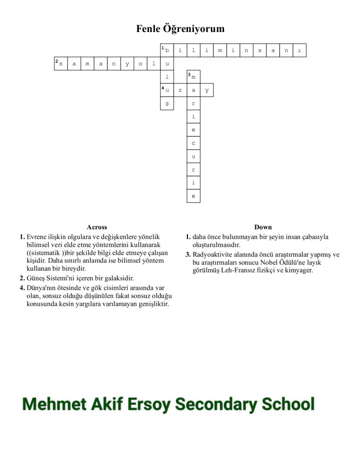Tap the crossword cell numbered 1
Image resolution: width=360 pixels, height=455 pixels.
(167, 50)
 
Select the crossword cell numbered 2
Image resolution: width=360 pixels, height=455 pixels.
(61, 64)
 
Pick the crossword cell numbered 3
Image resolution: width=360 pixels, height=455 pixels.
(193, 77)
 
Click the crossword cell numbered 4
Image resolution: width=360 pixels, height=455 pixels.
(167, 90)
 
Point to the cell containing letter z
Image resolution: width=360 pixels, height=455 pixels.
(180, 90)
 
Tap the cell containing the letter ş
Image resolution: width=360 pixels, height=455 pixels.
(167, 104)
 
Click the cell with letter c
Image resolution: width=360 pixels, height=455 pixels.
(193, 143)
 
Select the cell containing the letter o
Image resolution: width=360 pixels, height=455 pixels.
(140, 64)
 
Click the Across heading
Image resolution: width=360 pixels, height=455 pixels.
(97, 227)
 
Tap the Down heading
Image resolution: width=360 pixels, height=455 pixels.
(263, 227)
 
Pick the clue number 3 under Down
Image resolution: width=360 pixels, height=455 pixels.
(188, 255)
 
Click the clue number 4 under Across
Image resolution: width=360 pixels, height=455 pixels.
(22, 288)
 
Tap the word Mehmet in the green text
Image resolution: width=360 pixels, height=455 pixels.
(54, 404)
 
